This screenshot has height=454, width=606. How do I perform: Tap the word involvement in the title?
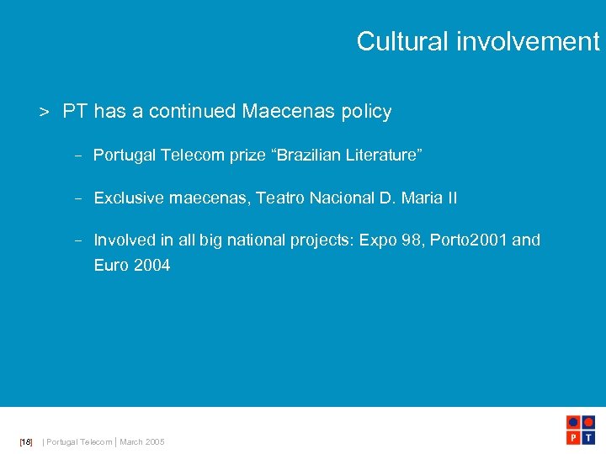(x=529, y=41)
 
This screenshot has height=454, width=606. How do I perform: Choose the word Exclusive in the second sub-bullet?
(x=129, y=198)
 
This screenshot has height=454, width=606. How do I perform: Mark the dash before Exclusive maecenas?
(x=77, y=199)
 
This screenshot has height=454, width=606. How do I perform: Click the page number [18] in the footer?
(x=25, y=442)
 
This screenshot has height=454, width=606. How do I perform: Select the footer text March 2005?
(x=142, y=442)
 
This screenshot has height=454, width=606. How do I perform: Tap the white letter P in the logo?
(x=572, y=439)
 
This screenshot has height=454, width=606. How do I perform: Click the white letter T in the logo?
(x=589, y=439)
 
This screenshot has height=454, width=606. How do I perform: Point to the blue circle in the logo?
(x=572, y=422)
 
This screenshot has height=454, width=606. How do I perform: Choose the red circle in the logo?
(x=589, y=422)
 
